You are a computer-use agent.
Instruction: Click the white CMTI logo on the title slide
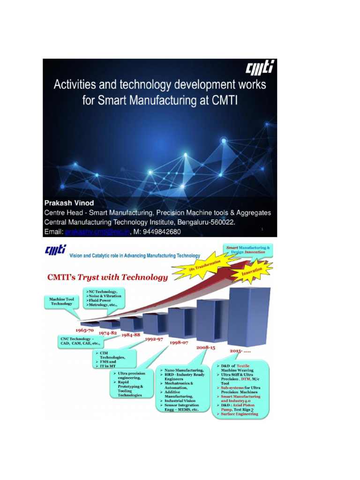pos(260,68)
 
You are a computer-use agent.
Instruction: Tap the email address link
pos(97,232)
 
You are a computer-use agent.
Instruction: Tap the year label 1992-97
pos(153,339)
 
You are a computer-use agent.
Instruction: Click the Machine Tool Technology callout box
pos(61,301)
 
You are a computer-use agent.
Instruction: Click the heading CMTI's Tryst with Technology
pos(107,277)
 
